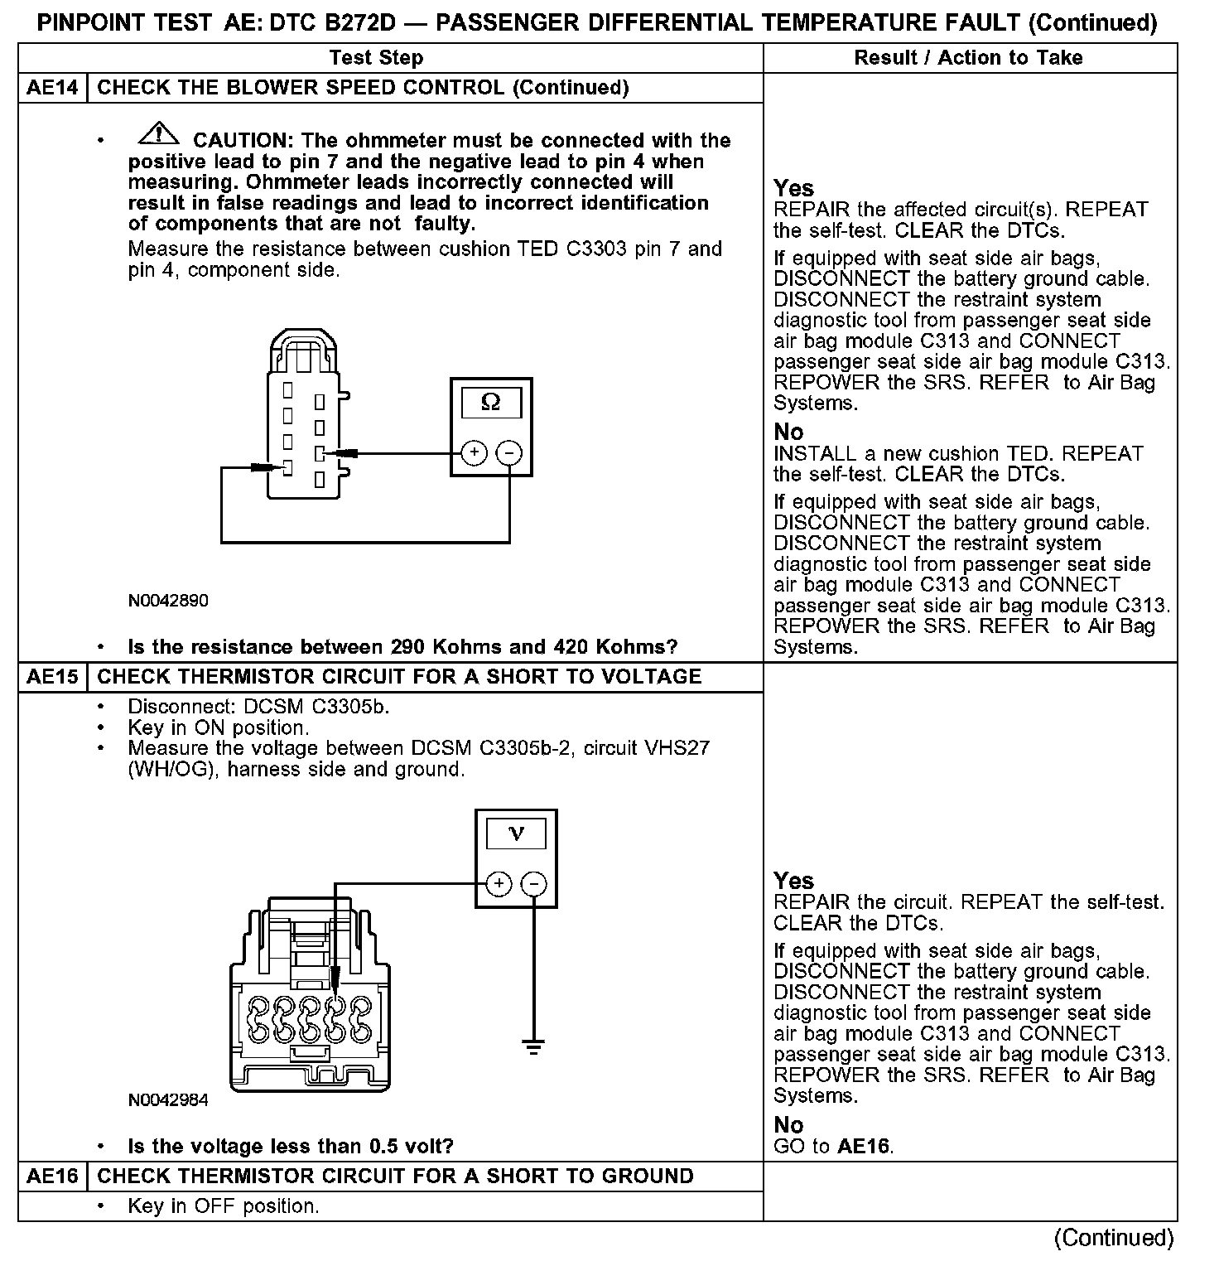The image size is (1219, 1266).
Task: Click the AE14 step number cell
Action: click(52, 88)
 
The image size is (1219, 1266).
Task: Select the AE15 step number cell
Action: click(52, 677)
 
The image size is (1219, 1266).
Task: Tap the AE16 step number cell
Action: click(52, 1177)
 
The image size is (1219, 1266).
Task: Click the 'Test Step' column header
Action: click(376, 58)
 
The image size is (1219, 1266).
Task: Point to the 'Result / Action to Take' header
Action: click(968, 58)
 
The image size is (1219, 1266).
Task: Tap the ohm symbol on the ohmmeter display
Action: click(491, 403)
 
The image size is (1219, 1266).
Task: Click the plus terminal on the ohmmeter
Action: click(474, 453)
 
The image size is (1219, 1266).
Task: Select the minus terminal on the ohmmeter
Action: click(509, 453)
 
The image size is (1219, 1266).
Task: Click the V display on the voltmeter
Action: click(516, 834)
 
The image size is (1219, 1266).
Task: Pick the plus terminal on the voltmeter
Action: click(499, 884)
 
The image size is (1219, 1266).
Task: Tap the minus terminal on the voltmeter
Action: click(534, 884)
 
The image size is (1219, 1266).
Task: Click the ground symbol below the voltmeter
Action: click(534, 1047)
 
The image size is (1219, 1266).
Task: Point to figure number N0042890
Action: click(168, 601)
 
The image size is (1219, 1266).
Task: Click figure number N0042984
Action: click(168, 1100)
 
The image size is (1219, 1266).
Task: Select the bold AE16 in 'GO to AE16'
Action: click(864, 1147)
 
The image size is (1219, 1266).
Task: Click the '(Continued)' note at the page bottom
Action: click(1114, 1238)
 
